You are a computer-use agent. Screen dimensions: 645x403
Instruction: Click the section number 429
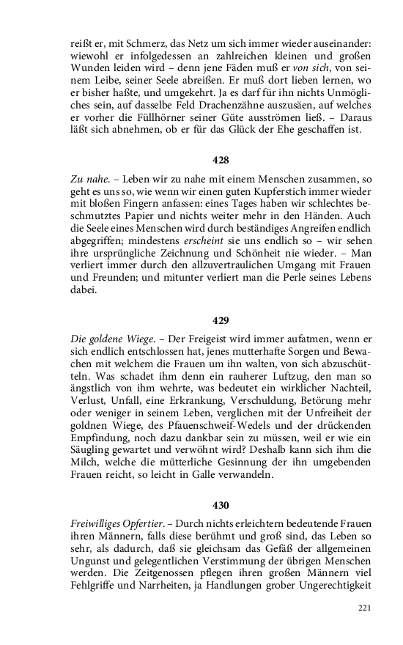221,320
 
